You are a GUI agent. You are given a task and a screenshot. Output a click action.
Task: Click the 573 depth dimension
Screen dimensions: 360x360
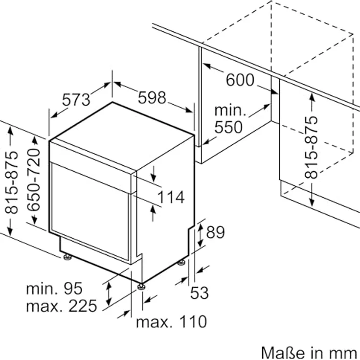coord(76,99)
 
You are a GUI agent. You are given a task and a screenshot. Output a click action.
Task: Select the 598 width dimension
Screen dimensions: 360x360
coord(152,97)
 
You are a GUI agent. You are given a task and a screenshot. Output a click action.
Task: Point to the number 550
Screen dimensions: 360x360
coord(228,127)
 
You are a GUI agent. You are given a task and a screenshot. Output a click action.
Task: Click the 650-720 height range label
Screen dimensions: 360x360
coord(33,180)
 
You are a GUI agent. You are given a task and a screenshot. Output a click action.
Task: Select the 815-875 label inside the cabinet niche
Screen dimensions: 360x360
coord(311,146)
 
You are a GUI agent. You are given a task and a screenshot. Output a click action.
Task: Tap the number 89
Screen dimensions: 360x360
coord(215,233)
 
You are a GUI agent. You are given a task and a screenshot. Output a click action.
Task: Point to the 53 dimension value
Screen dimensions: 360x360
coord(199,293)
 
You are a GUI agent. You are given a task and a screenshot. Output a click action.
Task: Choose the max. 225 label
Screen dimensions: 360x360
coord(61,306)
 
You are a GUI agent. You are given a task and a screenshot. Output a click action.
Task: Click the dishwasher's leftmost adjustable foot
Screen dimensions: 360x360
coord(67,256)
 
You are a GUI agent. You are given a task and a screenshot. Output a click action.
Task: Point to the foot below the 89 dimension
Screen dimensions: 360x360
coord(181,263)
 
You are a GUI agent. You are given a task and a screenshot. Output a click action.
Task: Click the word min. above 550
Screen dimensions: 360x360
coord(230,111)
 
